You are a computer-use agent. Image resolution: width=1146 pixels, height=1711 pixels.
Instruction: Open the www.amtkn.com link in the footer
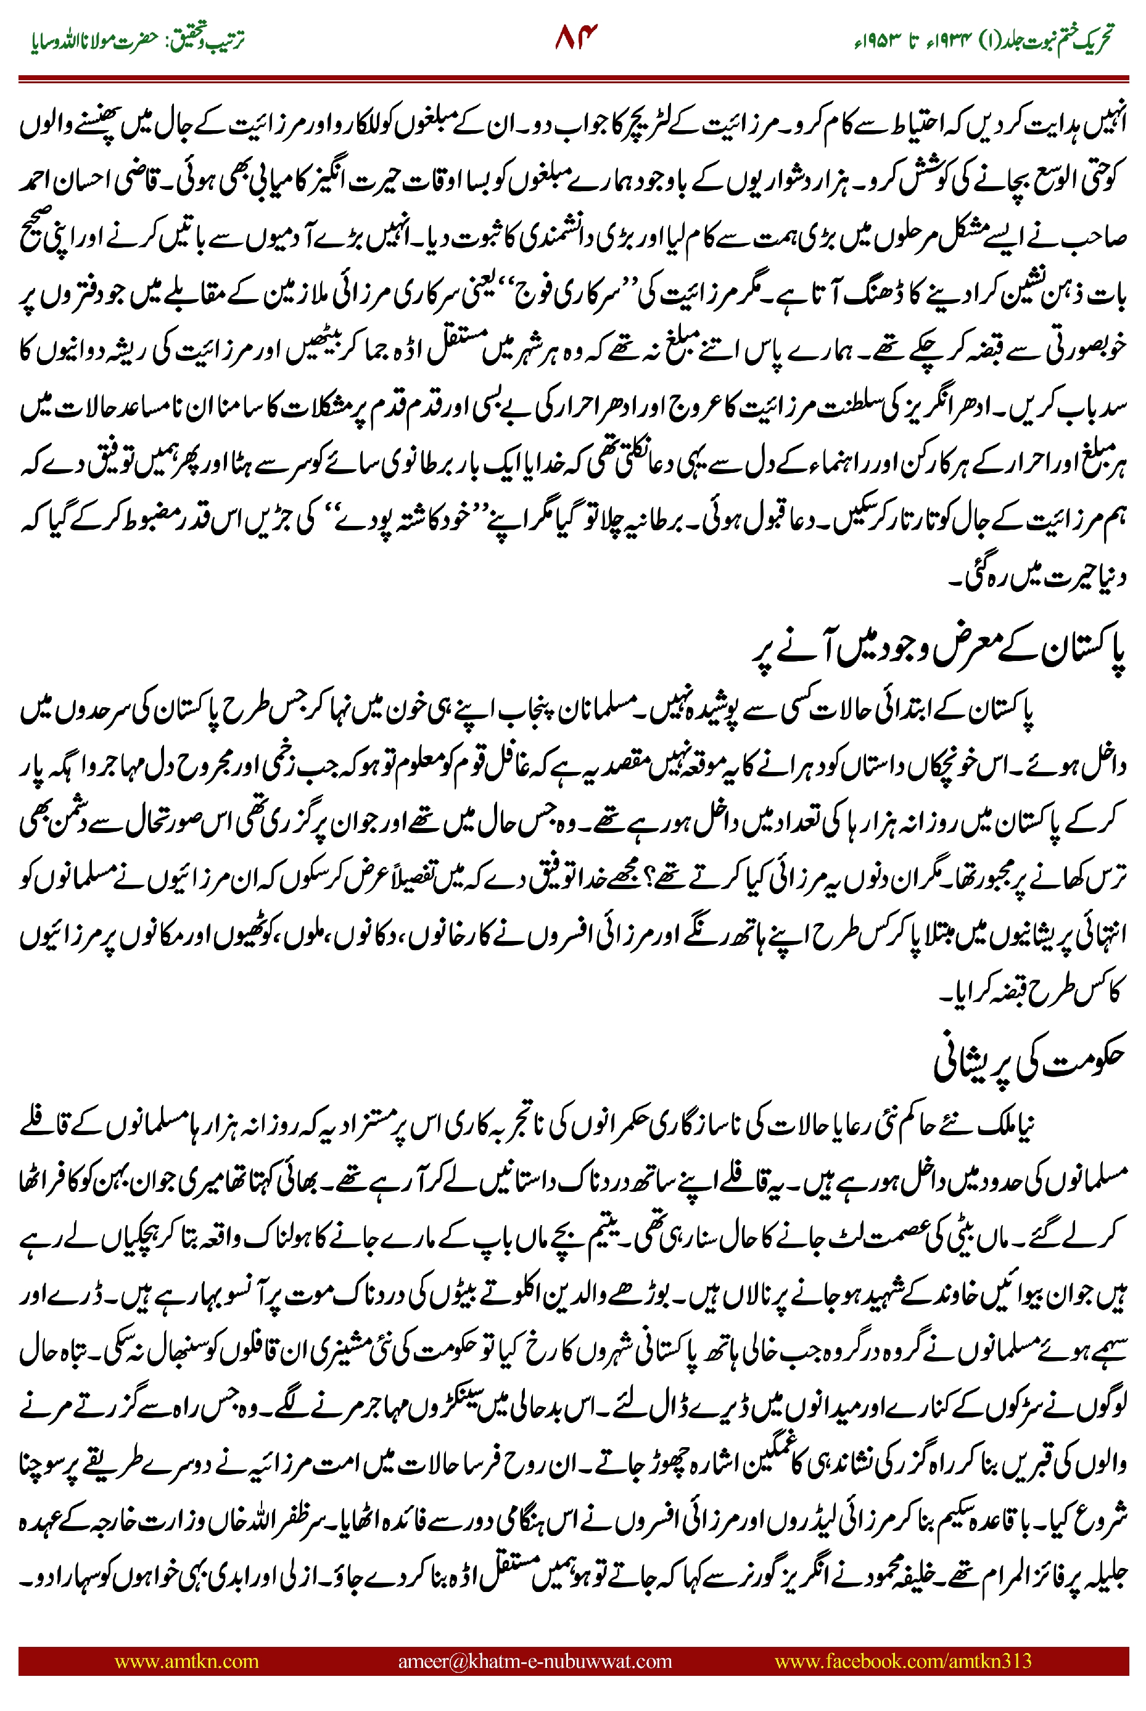click(x=186, y=1661)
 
